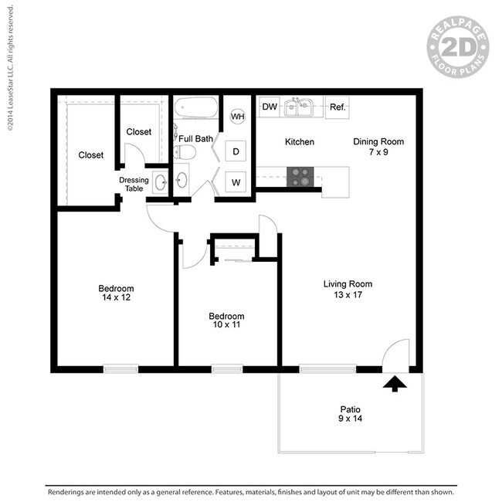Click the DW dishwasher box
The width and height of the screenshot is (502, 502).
pyautogui.click(x=270, y=107)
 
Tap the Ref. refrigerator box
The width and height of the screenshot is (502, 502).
pyautogui.click(x=337, y=107)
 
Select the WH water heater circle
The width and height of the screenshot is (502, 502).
pyautogui.click(x=238, y=116)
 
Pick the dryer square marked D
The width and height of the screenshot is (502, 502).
pyautogui.click(x=236, y=151)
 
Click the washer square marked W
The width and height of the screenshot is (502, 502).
pyautogui.click(x=236, y=182)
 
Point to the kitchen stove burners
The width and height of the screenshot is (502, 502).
pyautogui.click(x=300, y=177)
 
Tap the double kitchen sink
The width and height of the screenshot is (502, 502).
pyautogui.click(x=298, y=107)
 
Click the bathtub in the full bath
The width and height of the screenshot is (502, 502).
pyautogui.click(x=196, y=107)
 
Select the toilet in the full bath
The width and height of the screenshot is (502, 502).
pyautogui.click(x=185, y=152)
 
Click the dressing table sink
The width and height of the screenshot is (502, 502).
pyautogui.click(x=161, y=182)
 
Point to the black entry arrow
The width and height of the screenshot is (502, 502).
pyautogui.click(x=395, y=384)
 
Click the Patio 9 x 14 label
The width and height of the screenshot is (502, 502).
pyautogui.click(x=351, y=414)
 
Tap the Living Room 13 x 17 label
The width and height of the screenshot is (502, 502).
pyautogui.click(x=348, y=290)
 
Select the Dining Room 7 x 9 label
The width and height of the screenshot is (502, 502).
pyautogui.click(x=378, y=147)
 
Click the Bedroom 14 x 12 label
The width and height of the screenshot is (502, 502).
pyautogui.click(x=116, y=293)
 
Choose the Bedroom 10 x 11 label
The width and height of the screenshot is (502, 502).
pyautogui.click(x=226, y=321)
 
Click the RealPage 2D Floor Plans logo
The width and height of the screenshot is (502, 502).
pyautogui.click(x=458, y=47)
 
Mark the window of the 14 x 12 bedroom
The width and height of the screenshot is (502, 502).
pyautogui.click(x=120, y=369)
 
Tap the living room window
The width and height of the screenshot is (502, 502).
pyautogui.click(x=327, y=369)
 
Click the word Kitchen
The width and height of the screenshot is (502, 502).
pyautogui.click(x=300, y=142)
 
